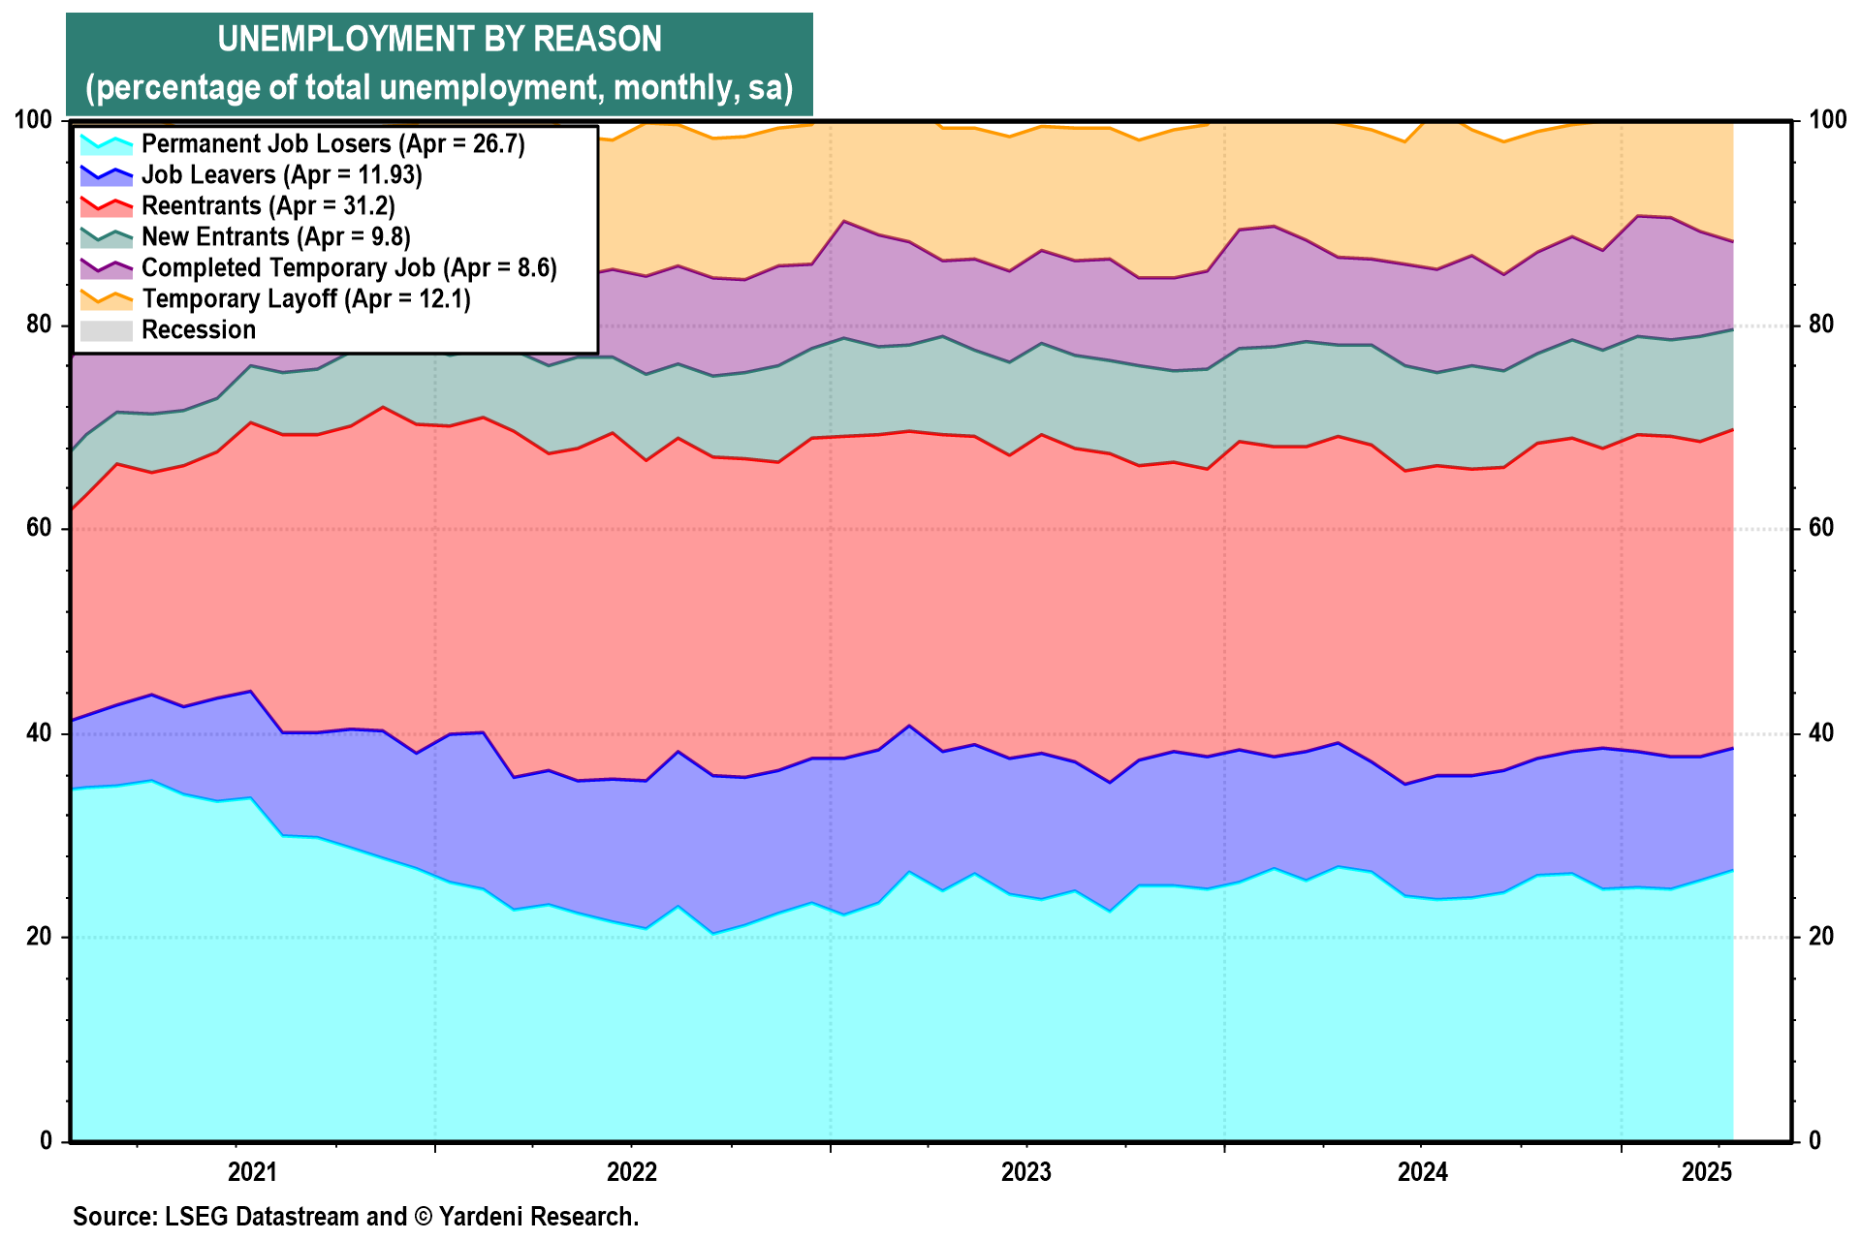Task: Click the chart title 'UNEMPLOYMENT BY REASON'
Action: tap(439, 40)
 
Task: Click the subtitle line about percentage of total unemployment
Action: tap(439, 88)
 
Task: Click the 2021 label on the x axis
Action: tap(252, 1173)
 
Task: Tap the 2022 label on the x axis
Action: tap(632, 1173)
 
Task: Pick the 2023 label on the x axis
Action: tap(1026, 1173)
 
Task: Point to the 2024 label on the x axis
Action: tap(1422, 1173)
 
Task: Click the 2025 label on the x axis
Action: tap(1707, 1173)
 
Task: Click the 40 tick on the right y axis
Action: tap(1814, 733)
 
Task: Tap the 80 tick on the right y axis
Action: tap(1814, 325)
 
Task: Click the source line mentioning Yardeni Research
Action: tap(356, 1217)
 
